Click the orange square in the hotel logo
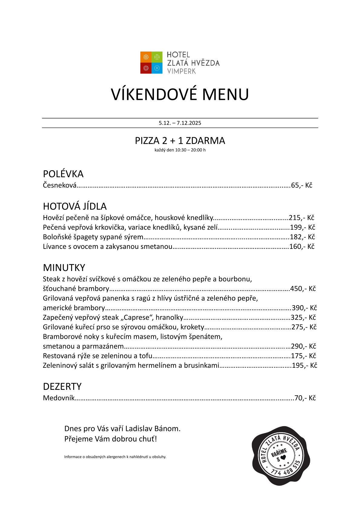146,57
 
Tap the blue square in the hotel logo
157,68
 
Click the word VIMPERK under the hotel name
182,71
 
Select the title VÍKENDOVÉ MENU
180,94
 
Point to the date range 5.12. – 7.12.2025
180,123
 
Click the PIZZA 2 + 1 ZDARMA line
180,141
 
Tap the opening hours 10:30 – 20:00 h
190,150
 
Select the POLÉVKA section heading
63,174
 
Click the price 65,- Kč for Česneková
302,185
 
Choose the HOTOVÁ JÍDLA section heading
75,206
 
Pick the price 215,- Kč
302,218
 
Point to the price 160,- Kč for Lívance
302,246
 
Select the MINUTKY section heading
64,268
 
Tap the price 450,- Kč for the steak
303,289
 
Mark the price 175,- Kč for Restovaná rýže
303,356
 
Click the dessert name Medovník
59,398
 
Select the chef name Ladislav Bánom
152,429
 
